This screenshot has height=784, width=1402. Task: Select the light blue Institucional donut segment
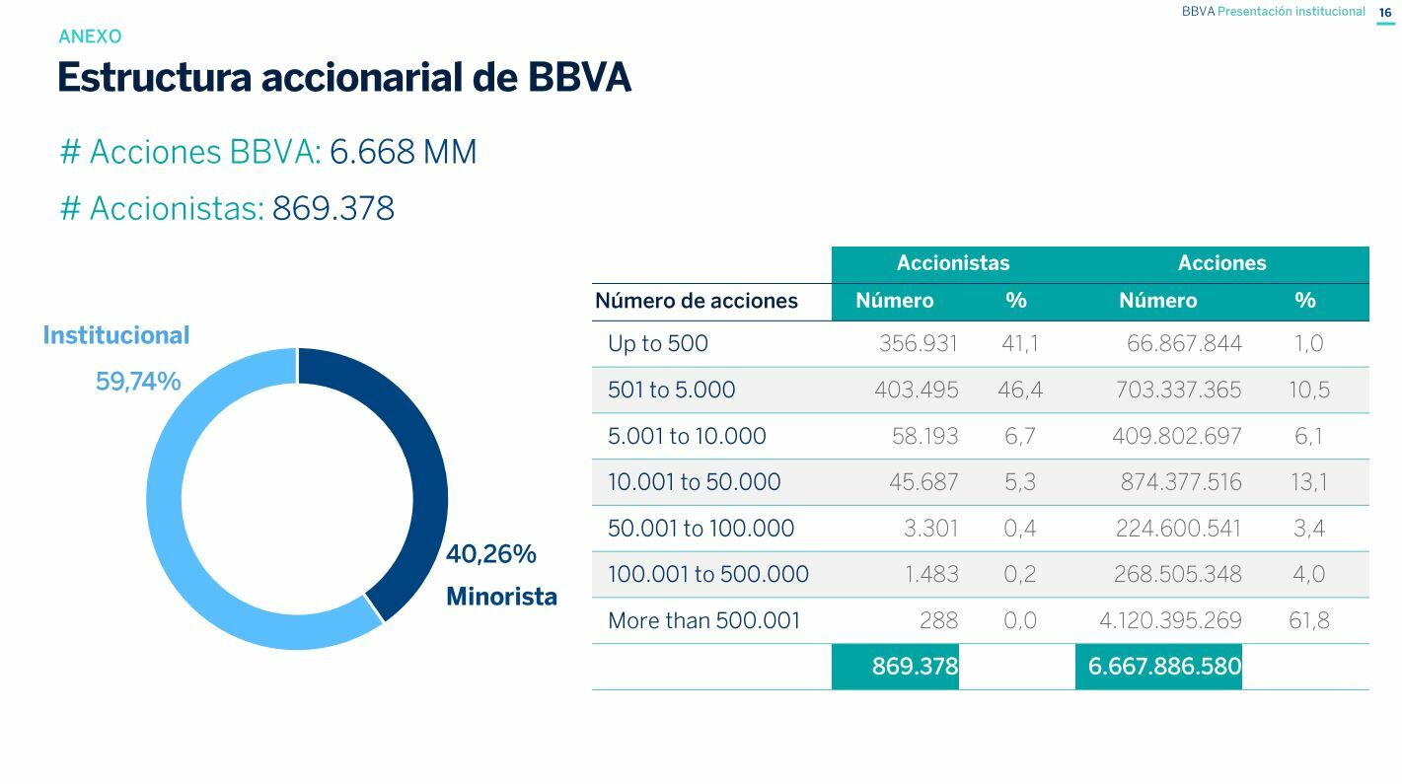(x=166, y=513)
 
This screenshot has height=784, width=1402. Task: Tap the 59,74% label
(x=138, y=382)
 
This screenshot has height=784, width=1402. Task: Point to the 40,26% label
(x=491, y=554)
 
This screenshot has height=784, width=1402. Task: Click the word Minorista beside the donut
(x=501, y=597)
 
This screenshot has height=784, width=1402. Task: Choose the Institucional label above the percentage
(x=116, y=335)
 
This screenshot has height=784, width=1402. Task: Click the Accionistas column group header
(x=953, y=263)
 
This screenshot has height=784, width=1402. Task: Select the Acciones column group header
(x=1221, y=263)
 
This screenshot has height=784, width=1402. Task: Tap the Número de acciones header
(x=697, y=301)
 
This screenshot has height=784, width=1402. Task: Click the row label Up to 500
(x=658, y=344)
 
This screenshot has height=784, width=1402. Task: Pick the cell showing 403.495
(x=916, y=390)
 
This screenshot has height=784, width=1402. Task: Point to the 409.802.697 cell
(x=1176, y=436)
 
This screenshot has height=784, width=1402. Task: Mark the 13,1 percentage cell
(x=1309, y=482)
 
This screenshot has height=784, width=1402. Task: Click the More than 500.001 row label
(x=703, y=620)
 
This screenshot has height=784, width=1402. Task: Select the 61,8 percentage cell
(x=1308, y=620)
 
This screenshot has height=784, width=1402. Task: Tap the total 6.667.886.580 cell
(x=1163, y=667)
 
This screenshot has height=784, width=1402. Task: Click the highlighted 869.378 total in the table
(x=915, y=667)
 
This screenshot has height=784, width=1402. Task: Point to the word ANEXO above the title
(x=90, y=36)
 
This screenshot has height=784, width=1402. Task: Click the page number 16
(x=1385, y=13)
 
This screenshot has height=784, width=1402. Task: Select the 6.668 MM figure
(x=403, y=152)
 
